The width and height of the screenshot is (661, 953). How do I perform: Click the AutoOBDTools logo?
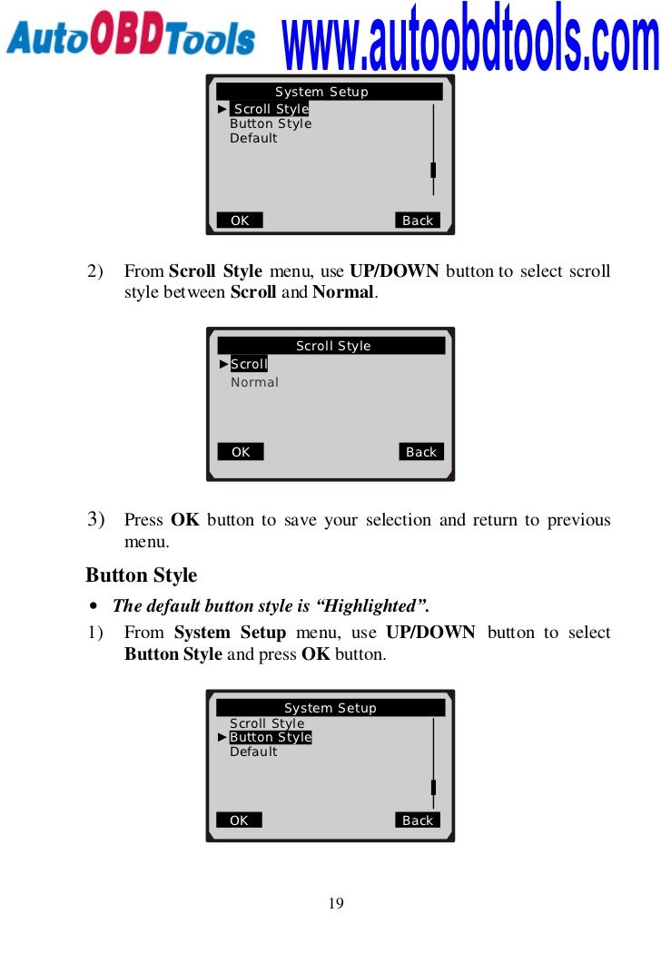click(130, 34)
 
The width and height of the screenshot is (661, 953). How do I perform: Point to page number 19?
click(336, 903)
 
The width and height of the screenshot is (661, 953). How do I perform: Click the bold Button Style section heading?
click(141, 575)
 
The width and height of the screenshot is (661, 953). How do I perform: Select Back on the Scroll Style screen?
click(421, 452)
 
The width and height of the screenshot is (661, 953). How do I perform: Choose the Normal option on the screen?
click(254, 382)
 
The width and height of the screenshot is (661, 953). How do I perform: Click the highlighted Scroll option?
click(249, 364)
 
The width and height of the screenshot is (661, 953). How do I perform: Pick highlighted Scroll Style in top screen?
click(271, 109)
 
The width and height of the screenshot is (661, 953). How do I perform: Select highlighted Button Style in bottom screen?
click(271, 737)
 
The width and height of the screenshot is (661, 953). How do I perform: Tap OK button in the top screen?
click(240, 220)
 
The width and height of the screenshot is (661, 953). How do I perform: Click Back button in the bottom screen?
click(418, 820)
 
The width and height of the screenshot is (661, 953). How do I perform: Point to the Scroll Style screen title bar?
click(331, 346)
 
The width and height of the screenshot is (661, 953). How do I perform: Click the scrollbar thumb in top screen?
click(433, 171)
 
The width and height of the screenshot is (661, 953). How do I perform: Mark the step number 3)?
click(95, 519)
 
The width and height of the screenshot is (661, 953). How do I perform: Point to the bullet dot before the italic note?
click(93, 606)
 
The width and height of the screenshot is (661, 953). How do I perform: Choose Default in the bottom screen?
click(253, 752)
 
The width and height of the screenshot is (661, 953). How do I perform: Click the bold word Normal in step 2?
click(343, 292)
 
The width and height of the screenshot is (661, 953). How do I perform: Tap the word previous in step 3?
click(579, 520)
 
